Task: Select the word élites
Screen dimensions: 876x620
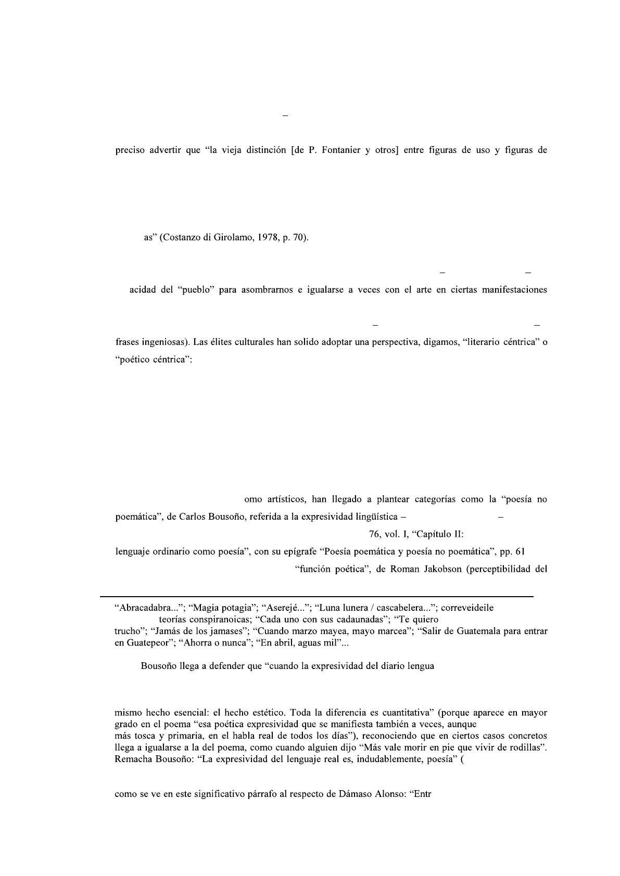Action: (x=219, y=343)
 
